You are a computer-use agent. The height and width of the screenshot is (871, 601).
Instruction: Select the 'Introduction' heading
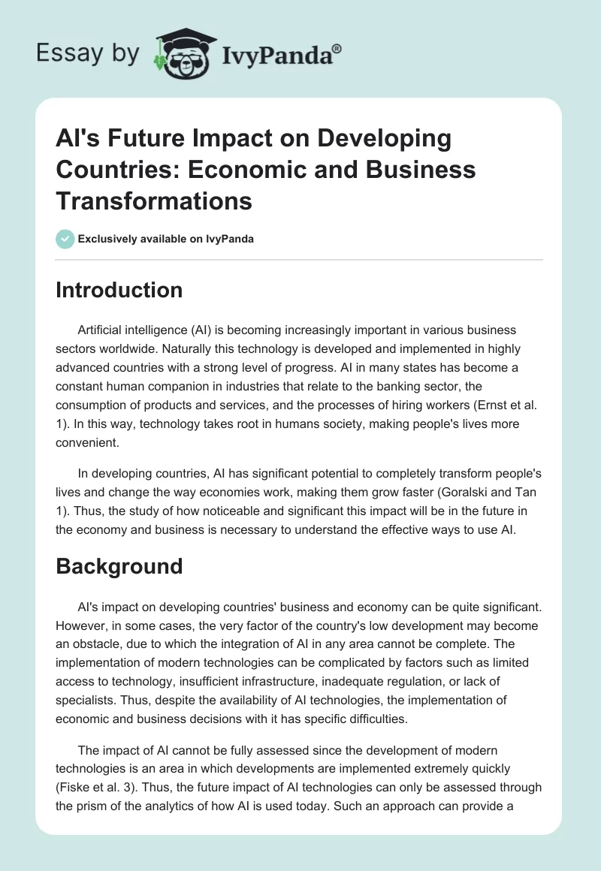click(x=119, y=290)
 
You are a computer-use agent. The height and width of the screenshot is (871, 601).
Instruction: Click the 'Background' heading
click(x=119, y=565)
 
